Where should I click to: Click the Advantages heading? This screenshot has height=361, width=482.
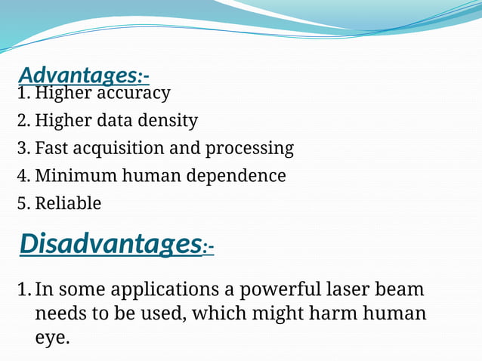tap(83, 76)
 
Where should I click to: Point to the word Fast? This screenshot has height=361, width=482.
tap(50, 148)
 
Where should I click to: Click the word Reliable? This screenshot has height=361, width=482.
tap(68, 204)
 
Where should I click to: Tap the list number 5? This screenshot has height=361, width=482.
tap(22, 204)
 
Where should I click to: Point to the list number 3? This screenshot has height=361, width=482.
tap(22, 148)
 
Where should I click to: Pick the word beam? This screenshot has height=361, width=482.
tap(402, 290)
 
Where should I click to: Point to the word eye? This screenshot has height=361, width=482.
tap(51, 338)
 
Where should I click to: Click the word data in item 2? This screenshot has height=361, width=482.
tap(122, 121)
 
